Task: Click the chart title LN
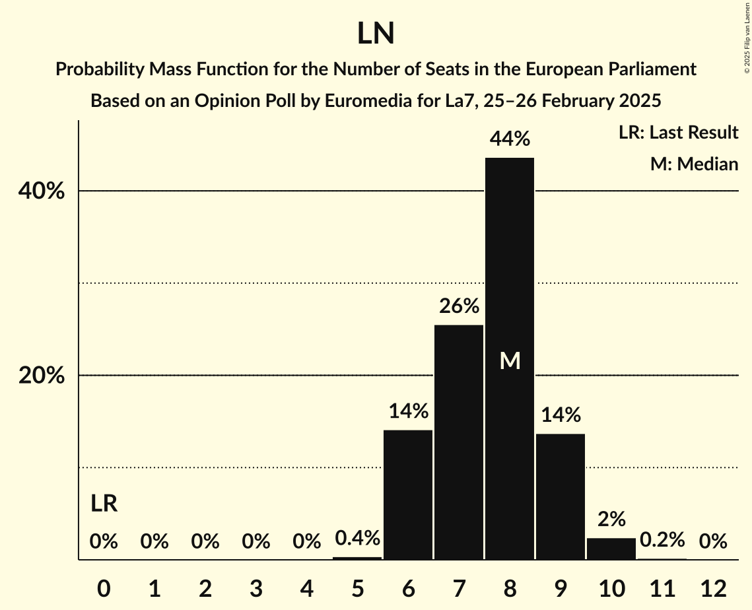(x=376, y=34)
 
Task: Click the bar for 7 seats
(x=459, y=442)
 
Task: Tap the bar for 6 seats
(x=408, y=495)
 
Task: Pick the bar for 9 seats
(x=561, y=496)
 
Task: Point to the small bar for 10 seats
(x=611, y=549)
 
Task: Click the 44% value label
(x=510, y=139)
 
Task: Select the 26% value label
(x=459, y=306)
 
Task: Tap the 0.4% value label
(x=357, y=538)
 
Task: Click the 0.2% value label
(x=662, y=540)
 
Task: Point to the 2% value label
(x=611, y=520)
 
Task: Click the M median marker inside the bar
(x=510, y=360)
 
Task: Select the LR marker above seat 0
(x=104, y=504)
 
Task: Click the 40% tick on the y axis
(x=41, y=191)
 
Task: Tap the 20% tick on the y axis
(x=41, y=376)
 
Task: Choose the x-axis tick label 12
(x=713, y=588)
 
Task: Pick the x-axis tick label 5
(x=357, y=588)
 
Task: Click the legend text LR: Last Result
(x=678, y=133)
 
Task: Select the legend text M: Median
(x=694, y=164)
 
